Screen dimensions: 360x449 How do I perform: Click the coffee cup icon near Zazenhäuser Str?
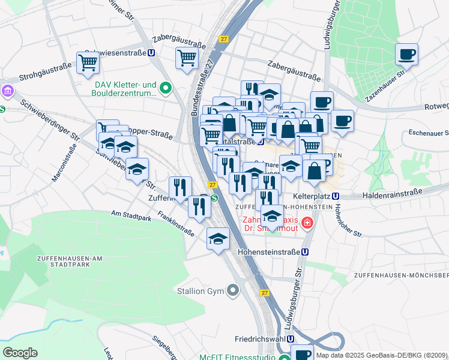[x=406, y=55]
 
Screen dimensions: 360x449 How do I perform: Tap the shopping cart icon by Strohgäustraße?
[x=88, y=62]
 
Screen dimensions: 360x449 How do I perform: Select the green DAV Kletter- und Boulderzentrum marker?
[x=166, y=90]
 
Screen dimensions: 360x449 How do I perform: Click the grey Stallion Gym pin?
[x=233, y=291]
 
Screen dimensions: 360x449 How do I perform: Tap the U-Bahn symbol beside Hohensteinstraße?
[x=306, y=253]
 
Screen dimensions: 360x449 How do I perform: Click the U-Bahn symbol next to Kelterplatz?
[x=336, y=196]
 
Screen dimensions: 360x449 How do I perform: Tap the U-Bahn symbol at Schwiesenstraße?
[x=152, y=53]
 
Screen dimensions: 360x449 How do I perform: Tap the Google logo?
[x=20, y=352]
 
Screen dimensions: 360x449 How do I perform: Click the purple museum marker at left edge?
[x=8, y=92]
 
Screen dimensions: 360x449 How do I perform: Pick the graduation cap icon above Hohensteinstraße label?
[x=218, y=239]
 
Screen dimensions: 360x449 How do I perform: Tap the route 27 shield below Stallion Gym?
[x=265, y=293]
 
